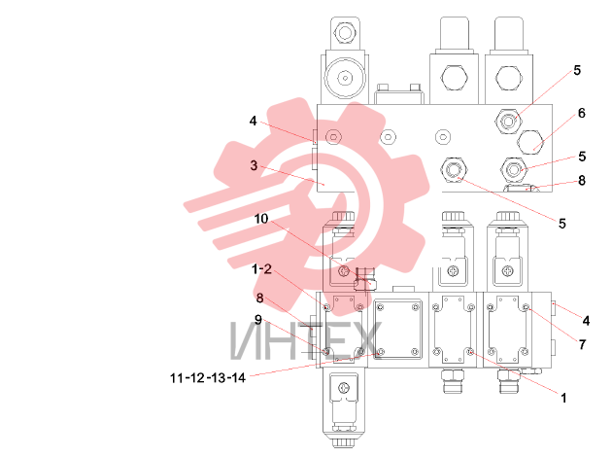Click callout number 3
(x=254, y=165)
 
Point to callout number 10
(x=261, y=219)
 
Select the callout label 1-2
(x=261, y=269)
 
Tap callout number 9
(x=258, y=320)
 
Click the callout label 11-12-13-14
(x=208, y=377)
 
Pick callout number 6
(x=582, y=113)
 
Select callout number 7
(x=582, y=344)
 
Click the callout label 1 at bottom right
(x=563, y=398)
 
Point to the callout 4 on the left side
(x=253, y=122)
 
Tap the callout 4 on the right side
(x=586, y=321)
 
